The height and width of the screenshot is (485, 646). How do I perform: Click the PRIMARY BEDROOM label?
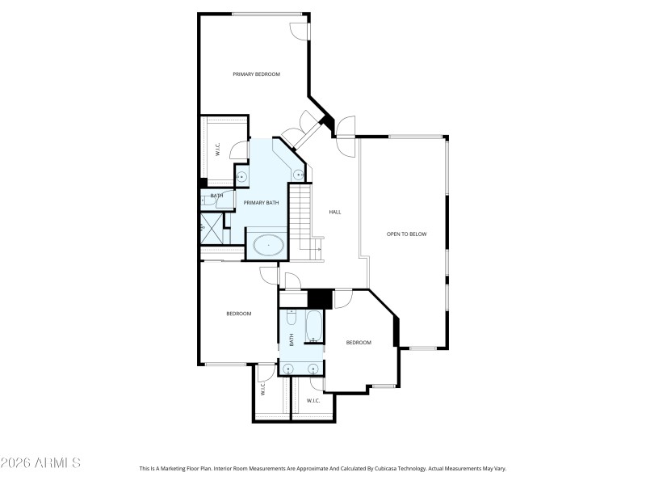256,74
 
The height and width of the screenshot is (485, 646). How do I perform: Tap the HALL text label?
335,212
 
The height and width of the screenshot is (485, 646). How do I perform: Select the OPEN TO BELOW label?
406,234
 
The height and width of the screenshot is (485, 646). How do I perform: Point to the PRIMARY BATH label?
261,203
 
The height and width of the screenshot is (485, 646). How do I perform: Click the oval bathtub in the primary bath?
269,244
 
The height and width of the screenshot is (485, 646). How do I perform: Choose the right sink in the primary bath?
298,174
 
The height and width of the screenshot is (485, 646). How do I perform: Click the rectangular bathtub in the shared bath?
314,328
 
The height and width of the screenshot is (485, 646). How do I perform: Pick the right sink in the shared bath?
314,369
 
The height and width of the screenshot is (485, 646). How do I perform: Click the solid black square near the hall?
321,298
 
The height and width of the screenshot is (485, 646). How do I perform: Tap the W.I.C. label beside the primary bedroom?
217,150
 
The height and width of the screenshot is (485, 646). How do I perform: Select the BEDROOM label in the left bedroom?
238,314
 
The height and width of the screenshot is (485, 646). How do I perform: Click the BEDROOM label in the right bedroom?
359,343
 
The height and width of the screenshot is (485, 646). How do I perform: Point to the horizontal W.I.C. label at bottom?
313,401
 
